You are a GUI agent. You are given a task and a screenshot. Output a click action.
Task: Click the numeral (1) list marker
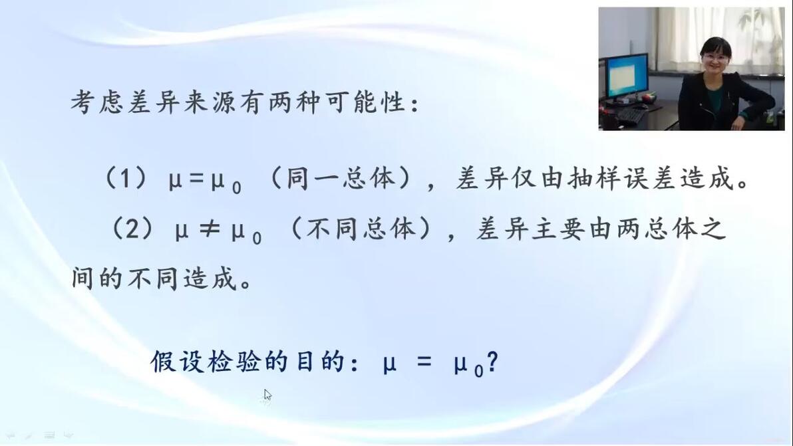coord(126,177)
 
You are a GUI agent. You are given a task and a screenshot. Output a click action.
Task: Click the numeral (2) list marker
coord(132,228)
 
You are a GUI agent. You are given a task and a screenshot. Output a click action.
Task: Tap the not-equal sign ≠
coord(210,230)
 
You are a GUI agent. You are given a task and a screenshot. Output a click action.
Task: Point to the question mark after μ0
coord(492,362)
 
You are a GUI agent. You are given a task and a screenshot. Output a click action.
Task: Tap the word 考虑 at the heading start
coord(96,102)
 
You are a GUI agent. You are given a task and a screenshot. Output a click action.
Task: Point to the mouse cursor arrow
coord(267,395)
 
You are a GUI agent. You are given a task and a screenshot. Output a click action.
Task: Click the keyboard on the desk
coord(629,116)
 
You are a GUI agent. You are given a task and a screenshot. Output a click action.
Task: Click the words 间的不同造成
coord(154,279)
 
